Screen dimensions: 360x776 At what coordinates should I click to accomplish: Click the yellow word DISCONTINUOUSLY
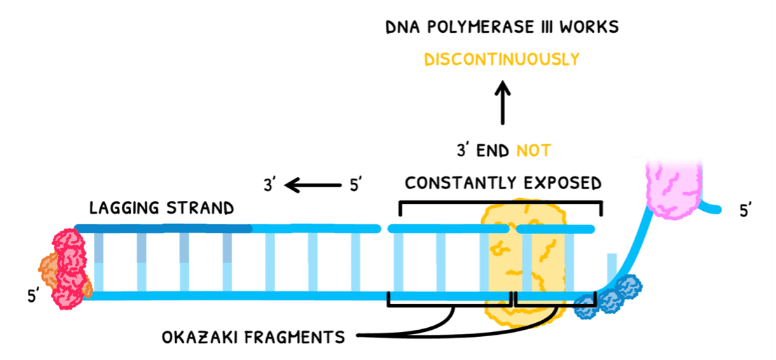point(502,60)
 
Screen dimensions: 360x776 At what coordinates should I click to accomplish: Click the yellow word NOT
point(534,150)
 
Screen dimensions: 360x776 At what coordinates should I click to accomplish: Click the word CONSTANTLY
point(455,184)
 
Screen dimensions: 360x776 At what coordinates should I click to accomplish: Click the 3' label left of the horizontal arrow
point(269,186)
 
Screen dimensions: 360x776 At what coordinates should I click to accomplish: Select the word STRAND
point(200,209)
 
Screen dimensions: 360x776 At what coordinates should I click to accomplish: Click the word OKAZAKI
point(198,338)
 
